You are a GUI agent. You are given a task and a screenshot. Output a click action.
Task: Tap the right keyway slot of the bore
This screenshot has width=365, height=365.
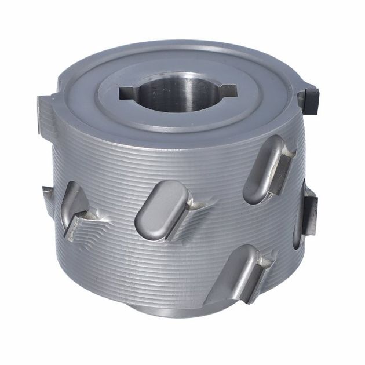[228, 89]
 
